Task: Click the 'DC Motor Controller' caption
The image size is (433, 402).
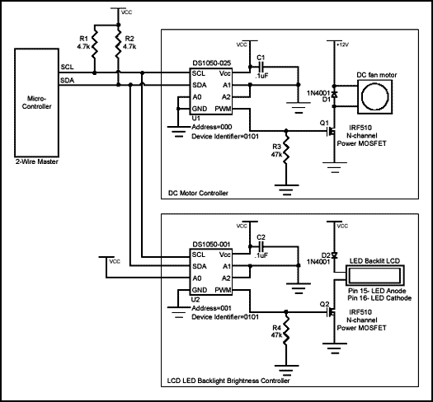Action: tap(197, 193)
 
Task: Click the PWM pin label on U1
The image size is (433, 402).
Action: tap(224, 108)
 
